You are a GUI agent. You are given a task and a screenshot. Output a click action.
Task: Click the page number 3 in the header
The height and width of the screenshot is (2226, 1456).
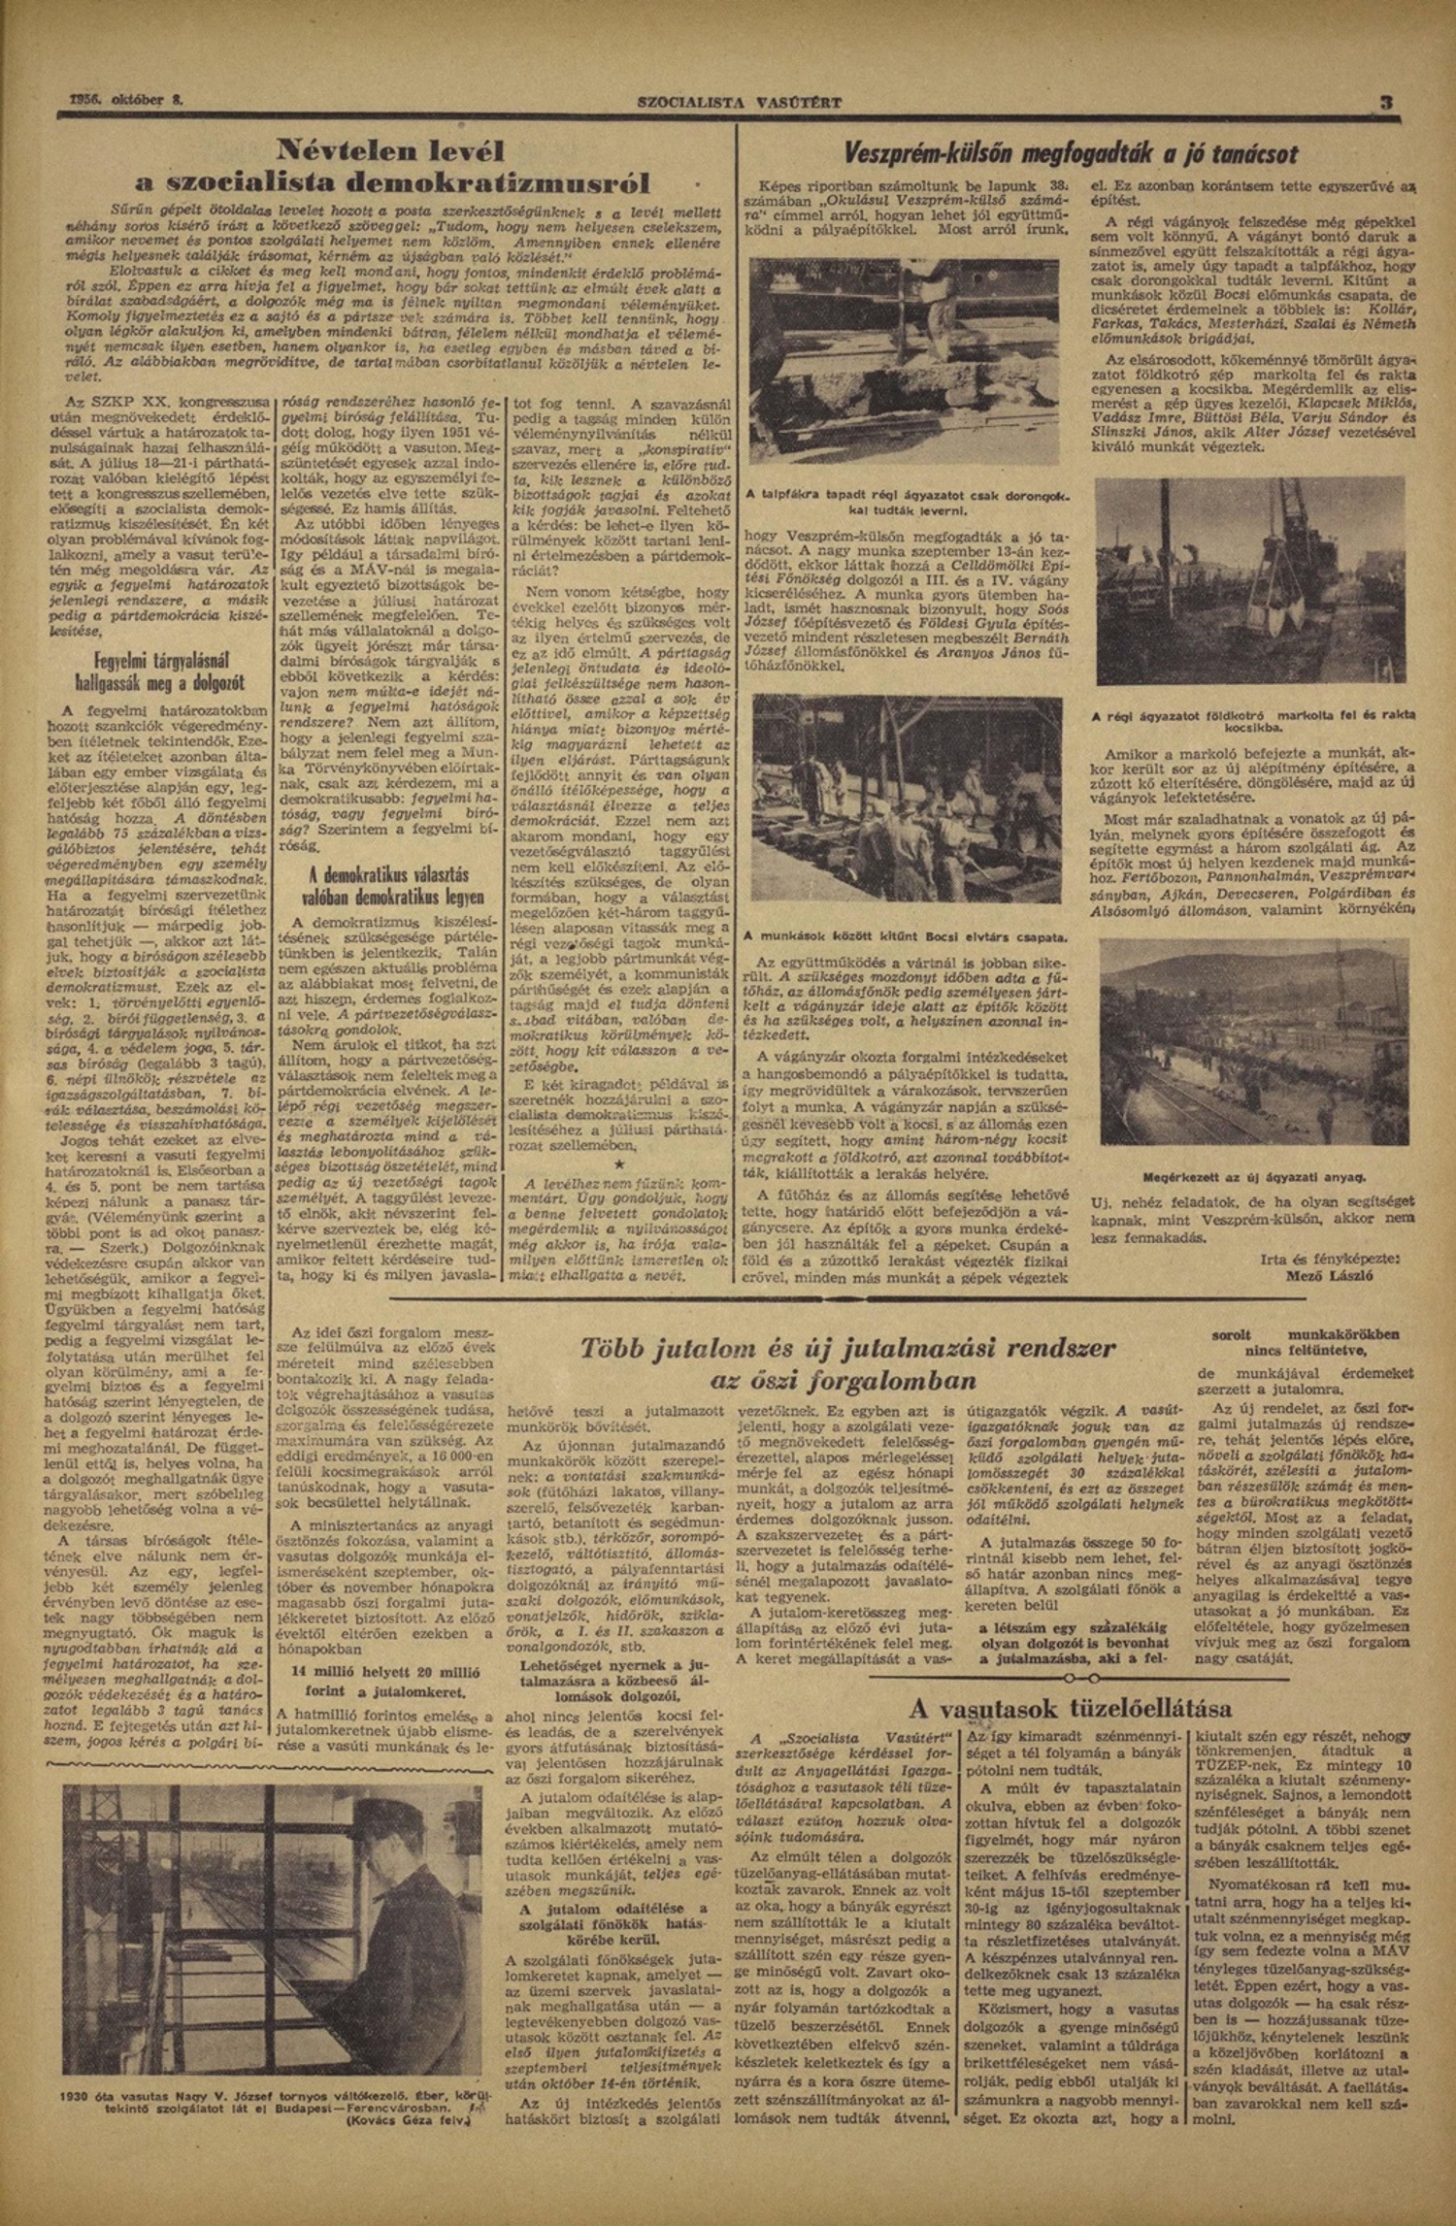point(1387,103)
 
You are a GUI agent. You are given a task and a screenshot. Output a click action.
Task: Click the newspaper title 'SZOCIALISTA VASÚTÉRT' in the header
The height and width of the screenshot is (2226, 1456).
point(739,102)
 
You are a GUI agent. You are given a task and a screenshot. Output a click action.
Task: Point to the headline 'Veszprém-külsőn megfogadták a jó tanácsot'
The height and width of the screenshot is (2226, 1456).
point(1070,154)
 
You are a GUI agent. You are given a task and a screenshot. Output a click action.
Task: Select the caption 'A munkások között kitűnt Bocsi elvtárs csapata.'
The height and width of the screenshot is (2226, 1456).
point(904,938)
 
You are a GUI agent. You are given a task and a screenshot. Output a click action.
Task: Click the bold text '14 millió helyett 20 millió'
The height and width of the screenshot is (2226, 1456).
point(386,1673)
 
